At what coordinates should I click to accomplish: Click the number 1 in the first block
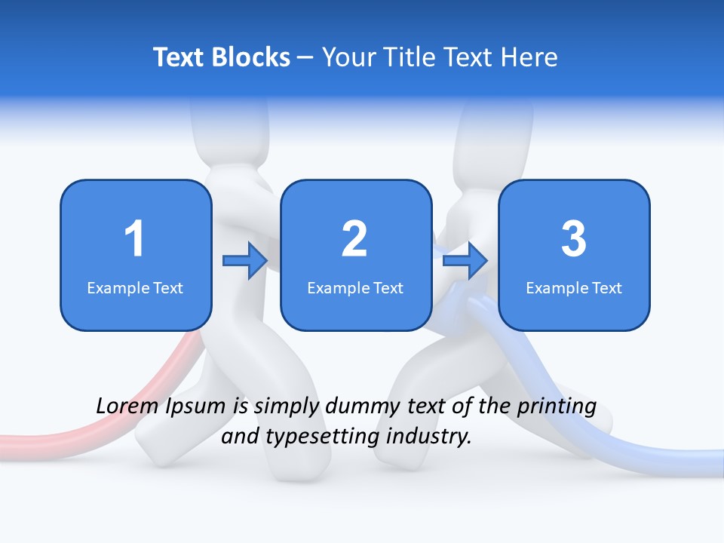[x=134, y=239]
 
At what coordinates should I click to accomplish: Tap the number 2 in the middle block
[x=354, y=239]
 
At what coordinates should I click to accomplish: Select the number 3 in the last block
[x=573, y=239]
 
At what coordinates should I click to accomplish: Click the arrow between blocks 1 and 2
[x=245, y=261]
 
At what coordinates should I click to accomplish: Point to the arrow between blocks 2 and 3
[x=465, y=261]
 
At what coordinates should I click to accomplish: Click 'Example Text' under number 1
[x=135, y=287]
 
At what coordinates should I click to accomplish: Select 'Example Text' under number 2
[x=355, y=287]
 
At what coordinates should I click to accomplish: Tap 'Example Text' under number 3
[x=574, y=287]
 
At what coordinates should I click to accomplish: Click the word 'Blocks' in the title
[x=250, y=57]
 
